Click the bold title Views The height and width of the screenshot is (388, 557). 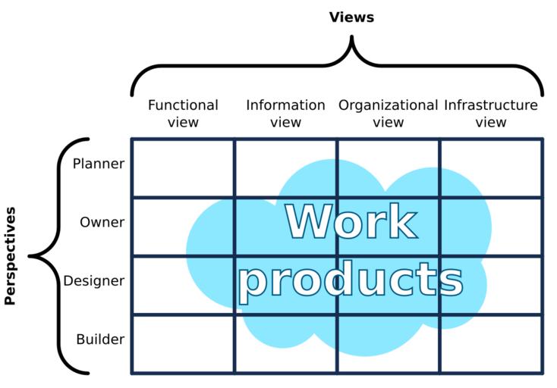click(x=351, y=17)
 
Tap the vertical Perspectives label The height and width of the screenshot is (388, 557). click(x=11, y=255)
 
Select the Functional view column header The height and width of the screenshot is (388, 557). click(x=183, y=113)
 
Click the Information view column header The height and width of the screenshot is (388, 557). click(x=285, y=113)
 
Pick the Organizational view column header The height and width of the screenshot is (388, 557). click(x=388, y=113)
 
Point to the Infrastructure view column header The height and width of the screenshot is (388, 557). click(x=490, y=113)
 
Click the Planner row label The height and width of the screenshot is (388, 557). click(x=99, y=163)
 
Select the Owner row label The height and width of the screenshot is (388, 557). click(x=102, y=222)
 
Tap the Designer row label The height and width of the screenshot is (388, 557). click(x=93, y=281)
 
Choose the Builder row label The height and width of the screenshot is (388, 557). click(x=99, y=339)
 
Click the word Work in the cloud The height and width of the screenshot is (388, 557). click(x=351, y=222)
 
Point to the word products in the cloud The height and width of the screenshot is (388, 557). click(x=351, y=280)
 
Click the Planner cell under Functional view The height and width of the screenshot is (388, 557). click(x=182, y=167)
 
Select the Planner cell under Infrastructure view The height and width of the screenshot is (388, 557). click(x=492, y=167)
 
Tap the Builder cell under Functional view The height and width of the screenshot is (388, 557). click(x=182, y=343)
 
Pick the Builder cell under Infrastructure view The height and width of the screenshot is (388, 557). click(x=492, y=343)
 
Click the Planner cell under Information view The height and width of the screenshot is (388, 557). click(x=285, y=167)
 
